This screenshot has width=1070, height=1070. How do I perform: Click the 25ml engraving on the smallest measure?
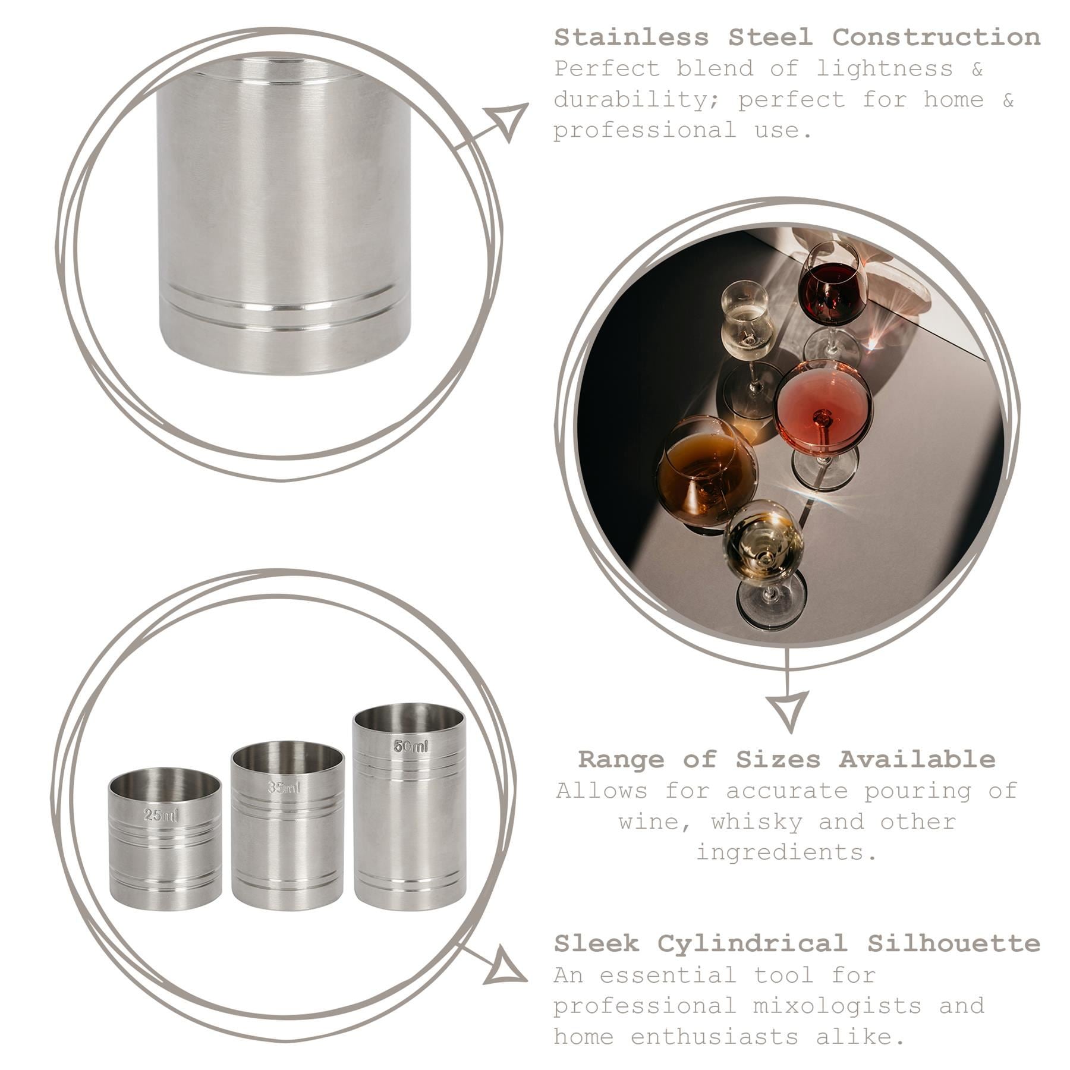pyautogui.click(x=160, y=816)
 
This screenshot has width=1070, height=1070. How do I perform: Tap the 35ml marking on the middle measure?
pyautogui.click(x=284, y=788)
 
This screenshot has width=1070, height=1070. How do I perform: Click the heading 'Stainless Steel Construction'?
pyautogui.click(x=797, y=37)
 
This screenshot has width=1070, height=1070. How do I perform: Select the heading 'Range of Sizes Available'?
pyautogui.click(x=786, y=759)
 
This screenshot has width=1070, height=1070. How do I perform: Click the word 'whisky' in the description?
pyautogui.click(x=758, y=822)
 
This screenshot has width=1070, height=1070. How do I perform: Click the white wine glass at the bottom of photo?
pyautogui.click(x=764, y=541)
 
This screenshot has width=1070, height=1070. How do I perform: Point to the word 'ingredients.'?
pyautogui.click(x=786, y=852)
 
